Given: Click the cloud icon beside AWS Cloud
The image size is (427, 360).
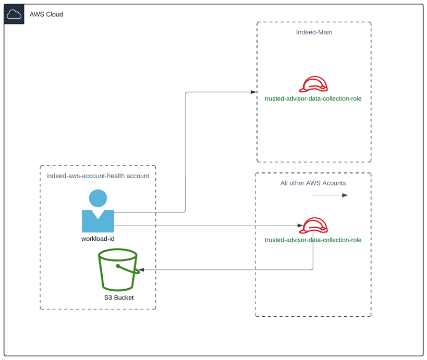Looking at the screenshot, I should point(14,15).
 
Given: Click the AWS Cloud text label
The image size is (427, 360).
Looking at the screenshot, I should point(46,15).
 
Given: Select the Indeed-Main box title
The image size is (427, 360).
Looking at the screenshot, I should point(314,32).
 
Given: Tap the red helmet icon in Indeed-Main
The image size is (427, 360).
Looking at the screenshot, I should point(314,84).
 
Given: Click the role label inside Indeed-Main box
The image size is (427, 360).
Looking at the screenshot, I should point(313,98).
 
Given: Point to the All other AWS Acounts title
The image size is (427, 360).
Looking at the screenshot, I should point(313,183).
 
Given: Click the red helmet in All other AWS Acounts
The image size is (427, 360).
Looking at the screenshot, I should point(314,226).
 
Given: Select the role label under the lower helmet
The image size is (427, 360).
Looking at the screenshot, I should point(313,240).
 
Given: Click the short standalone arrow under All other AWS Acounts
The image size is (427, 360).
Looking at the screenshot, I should point(330,195).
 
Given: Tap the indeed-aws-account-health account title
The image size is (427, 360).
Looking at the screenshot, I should point(98,176).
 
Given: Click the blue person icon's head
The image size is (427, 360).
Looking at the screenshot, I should point(98,198).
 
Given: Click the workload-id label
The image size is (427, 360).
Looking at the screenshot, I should point(98,239).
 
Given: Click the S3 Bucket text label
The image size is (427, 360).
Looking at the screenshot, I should point(119,297).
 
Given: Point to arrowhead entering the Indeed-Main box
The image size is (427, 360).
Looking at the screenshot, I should point(254,92).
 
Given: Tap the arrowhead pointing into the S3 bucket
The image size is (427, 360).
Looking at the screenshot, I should point(140,270).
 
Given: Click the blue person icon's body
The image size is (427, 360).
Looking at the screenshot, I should point(98,221).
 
